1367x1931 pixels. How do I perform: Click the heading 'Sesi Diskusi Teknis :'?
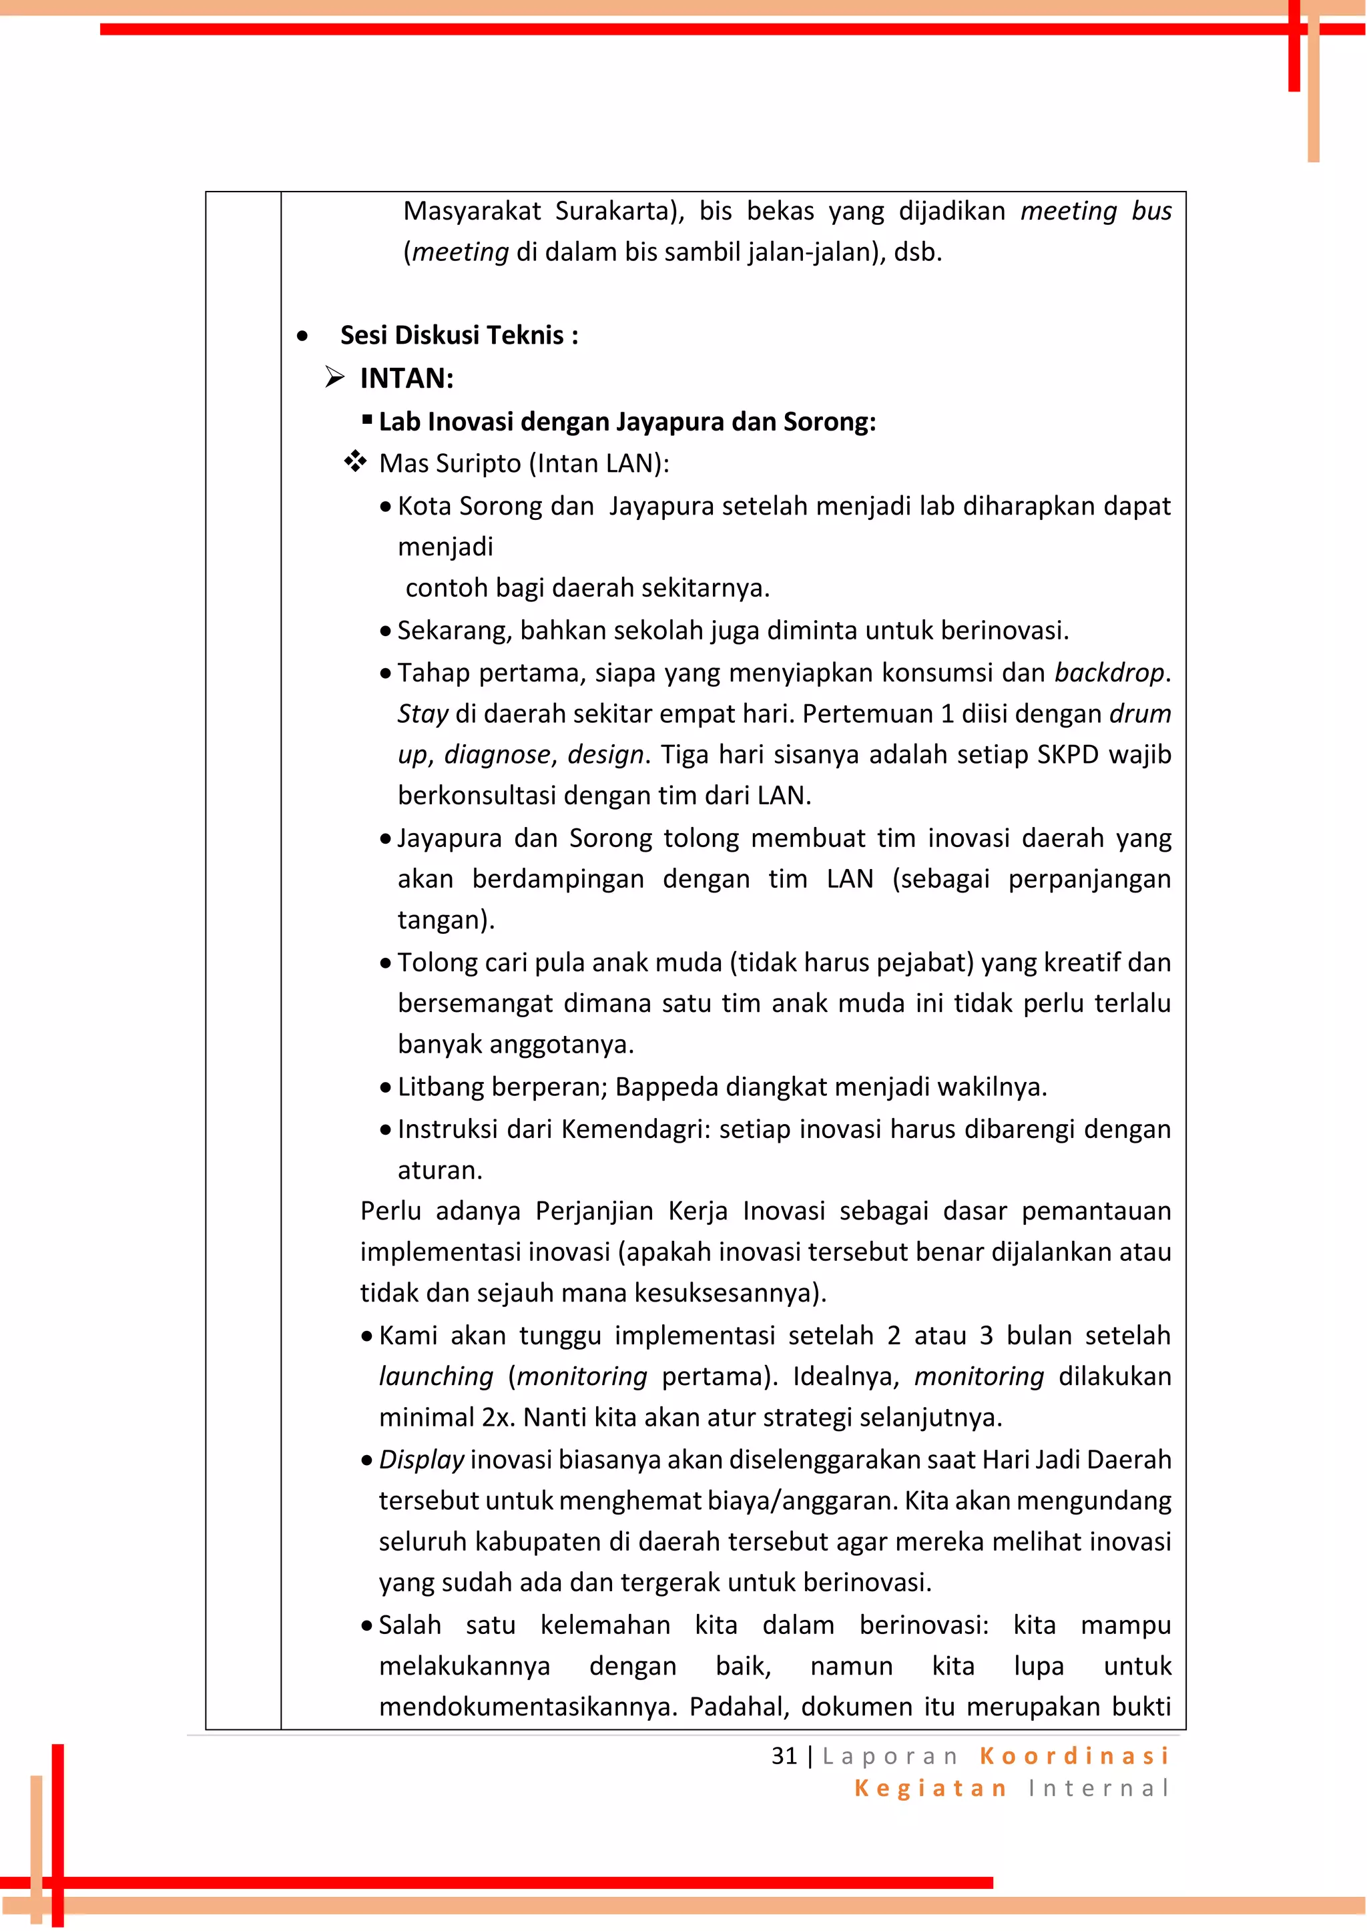(x=459, y=335)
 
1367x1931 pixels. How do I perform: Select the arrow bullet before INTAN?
(x=335, y=377)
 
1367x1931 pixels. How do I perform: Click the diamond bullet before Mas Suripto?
(x=355, y=461)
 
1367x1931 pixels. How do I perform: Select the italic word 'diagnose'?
(x=497, y=754)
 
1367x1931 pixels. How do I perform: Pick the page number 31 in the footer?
(x=784, y=1756)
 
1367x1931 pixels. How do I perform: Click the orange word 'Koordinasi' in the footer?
(x=1075, y=1756)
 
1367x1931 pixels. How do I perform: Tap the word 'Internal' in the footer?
(x=1099, y=1788)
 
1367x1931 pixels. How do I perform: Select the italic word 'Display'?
(x=421, y=1460)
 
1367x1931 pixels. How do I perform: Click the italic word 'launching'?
(x=436, y=1376)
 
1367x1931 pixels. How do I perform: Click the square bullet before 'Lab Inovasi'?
(x=368, y=419)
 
